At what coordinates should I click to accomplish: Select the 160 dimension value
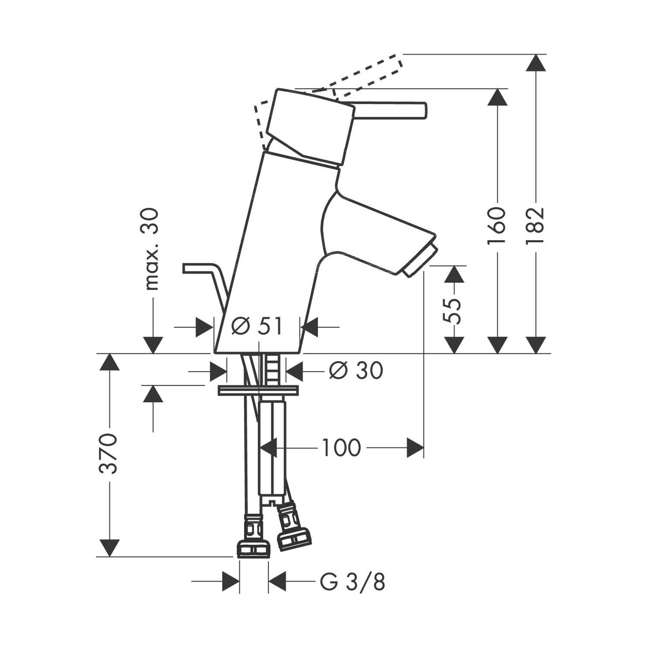pos(497,226)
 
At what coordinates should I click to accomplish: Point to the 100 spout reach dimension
pos(341,448)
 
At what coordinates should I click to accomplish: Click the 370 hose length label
pos(108,454)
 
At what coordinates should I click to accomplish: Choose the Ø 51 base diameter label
pos(256,326)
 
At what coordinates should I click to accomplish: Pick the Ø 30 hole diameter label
pos(356,370)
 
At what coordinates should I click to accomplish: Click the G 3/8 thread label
pos(353,582)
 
